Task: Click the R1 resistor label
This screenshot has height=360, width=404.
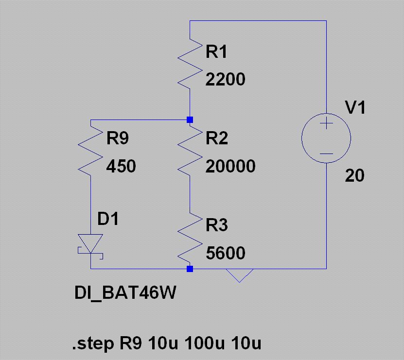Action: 216,51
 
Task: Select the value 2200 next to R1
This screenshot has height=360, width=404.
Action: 225,79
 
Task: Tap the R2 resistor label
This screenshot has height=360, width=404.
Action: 217,138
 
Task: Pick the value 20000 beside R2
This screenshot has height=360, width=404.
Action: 230,166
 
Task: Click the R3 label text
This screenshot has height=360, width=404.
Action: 217,225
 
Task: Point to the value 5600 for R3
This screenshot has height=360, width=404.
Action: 226,253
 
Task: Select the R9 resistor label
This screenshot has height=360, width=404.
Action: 118,138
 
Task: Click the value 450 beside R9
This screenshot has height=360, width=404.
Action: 121,166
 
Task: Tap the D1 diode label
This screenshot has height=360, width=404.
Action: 108,219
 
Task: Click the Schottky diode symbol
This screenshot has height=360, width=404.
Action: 90,247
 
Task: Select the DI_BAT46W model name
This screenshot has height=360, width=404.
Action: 125,293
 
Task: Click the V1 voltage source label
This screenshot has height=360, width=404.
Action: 355,107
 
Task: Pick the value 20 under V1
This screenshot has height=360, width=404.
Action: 354,175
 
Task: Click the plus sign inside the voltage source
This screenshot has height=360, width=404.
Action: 326,123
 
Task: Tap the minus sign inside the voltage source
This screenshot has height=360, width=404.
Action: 326,154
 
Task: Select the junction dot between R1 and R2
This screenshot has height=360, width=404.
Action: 190,120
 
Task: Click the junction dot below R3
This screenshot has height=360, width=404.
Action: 190,269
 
